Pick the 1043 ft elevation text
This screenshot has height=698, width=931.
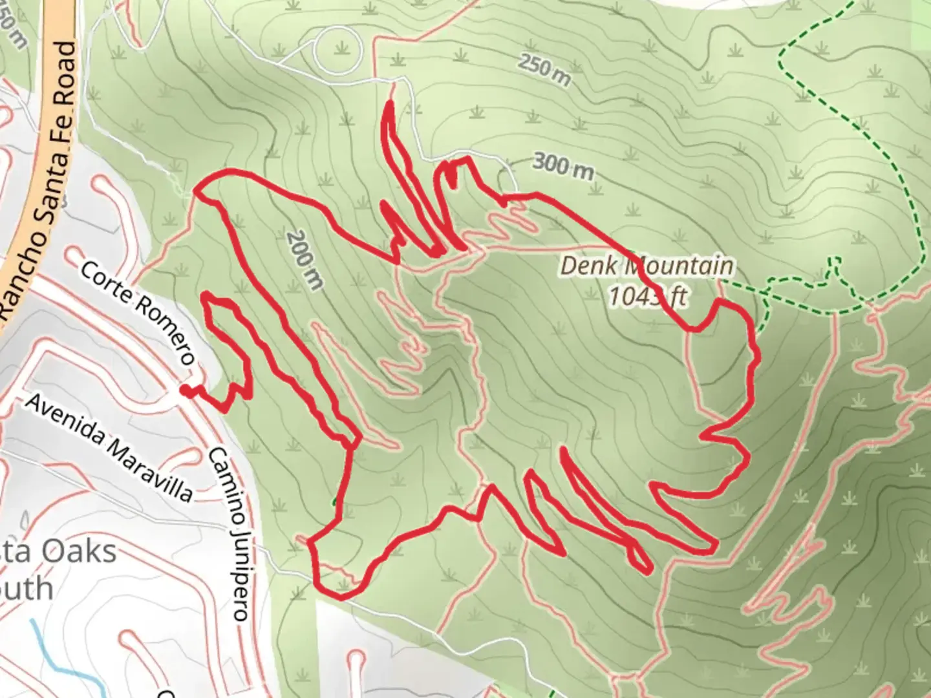point(647,297)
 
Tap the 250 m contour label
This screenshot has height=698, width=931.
point(544,70)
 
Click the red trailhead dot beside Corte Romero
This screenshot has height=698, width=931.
point(185,390)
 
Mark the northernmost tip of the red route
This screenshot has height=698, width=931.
point(390,103)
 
